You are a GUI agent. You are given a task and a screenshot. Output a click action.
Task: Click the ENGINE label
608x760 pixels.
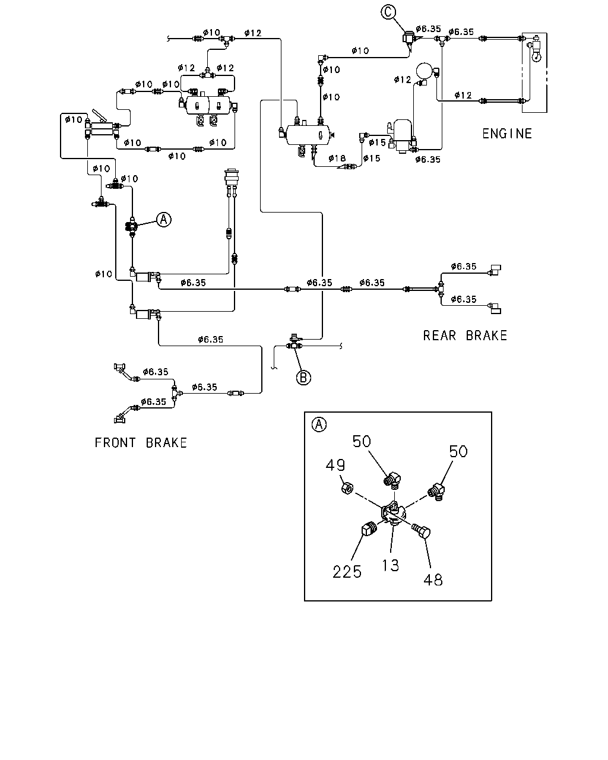coord(507,134)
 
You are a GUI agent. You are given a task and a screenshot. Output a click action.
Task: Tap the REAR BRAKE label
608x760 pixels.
coord(465,335)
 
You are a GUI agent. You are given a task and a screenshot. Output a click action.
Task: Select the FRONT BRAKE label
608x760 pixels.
coord(141,442)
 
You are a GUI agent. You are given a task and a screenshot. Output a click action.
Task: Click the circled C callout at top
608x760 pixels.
coord(388,12)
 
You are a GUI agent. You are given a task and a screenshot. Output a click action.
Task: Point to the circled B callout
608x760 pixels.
coord(303,378)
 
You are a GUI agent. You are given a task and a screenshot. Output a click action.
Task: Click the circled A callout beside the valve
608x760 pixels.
coord(163,219)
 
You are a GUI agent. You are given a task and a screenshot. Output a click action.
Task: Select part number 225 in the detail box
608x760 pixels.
coord(347,572)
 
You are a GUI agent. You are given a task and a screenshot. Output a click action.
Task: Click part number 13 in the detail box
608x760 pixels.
coord(390,565)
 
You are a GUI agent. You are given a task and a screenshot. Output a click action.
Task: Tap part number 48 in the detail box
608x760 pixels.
coord(433,579)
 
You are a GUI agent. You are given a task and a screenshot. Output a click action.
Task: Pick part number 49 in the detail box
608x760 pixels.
coord(335,465)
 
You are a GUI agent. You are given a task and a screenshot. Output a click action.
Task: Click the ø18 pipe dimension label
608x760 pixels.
coord(337,158)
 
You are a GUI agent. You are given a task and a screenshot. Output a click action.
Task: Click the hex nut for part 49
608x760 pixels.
coord(347,489)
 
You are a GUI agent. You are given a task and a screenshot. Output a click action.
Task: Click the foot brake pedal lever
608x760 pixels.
coord(100,116)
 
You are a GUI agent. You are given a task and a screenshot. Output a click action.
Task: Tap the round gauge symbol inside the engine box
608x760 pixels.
coord(536,56)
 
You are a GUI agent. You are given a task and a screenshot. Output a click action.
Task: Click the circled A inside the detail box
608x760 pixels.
coord(319,424)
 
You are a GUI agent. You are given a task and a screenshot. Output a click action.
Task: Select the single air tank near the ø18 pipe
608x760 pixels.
coord(308,135)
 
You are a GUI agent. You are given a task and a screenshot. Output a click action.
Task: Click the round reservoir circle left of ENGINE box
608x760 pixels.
coord(425,71)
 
